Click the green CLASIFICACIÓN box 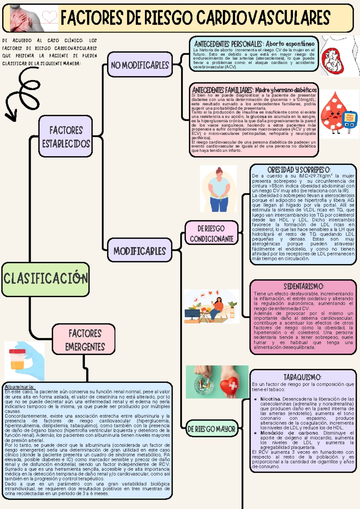click(x=45, y=279)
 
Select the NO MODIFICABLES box click(x=140, y=65)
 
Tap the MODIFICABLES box click(x=139, y=251)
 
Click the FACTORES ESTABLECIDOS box click(x=66, y=136)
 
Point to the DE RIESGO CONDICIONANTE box click(x=211, y=233)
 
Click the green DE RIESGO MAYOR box click(x=211, y=429)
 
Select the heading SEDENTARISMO click(x=303, y=286)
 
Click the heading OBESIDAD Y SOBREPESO click(x=299, y=170)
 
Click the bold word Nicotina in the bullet click(x=270, y=399)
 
